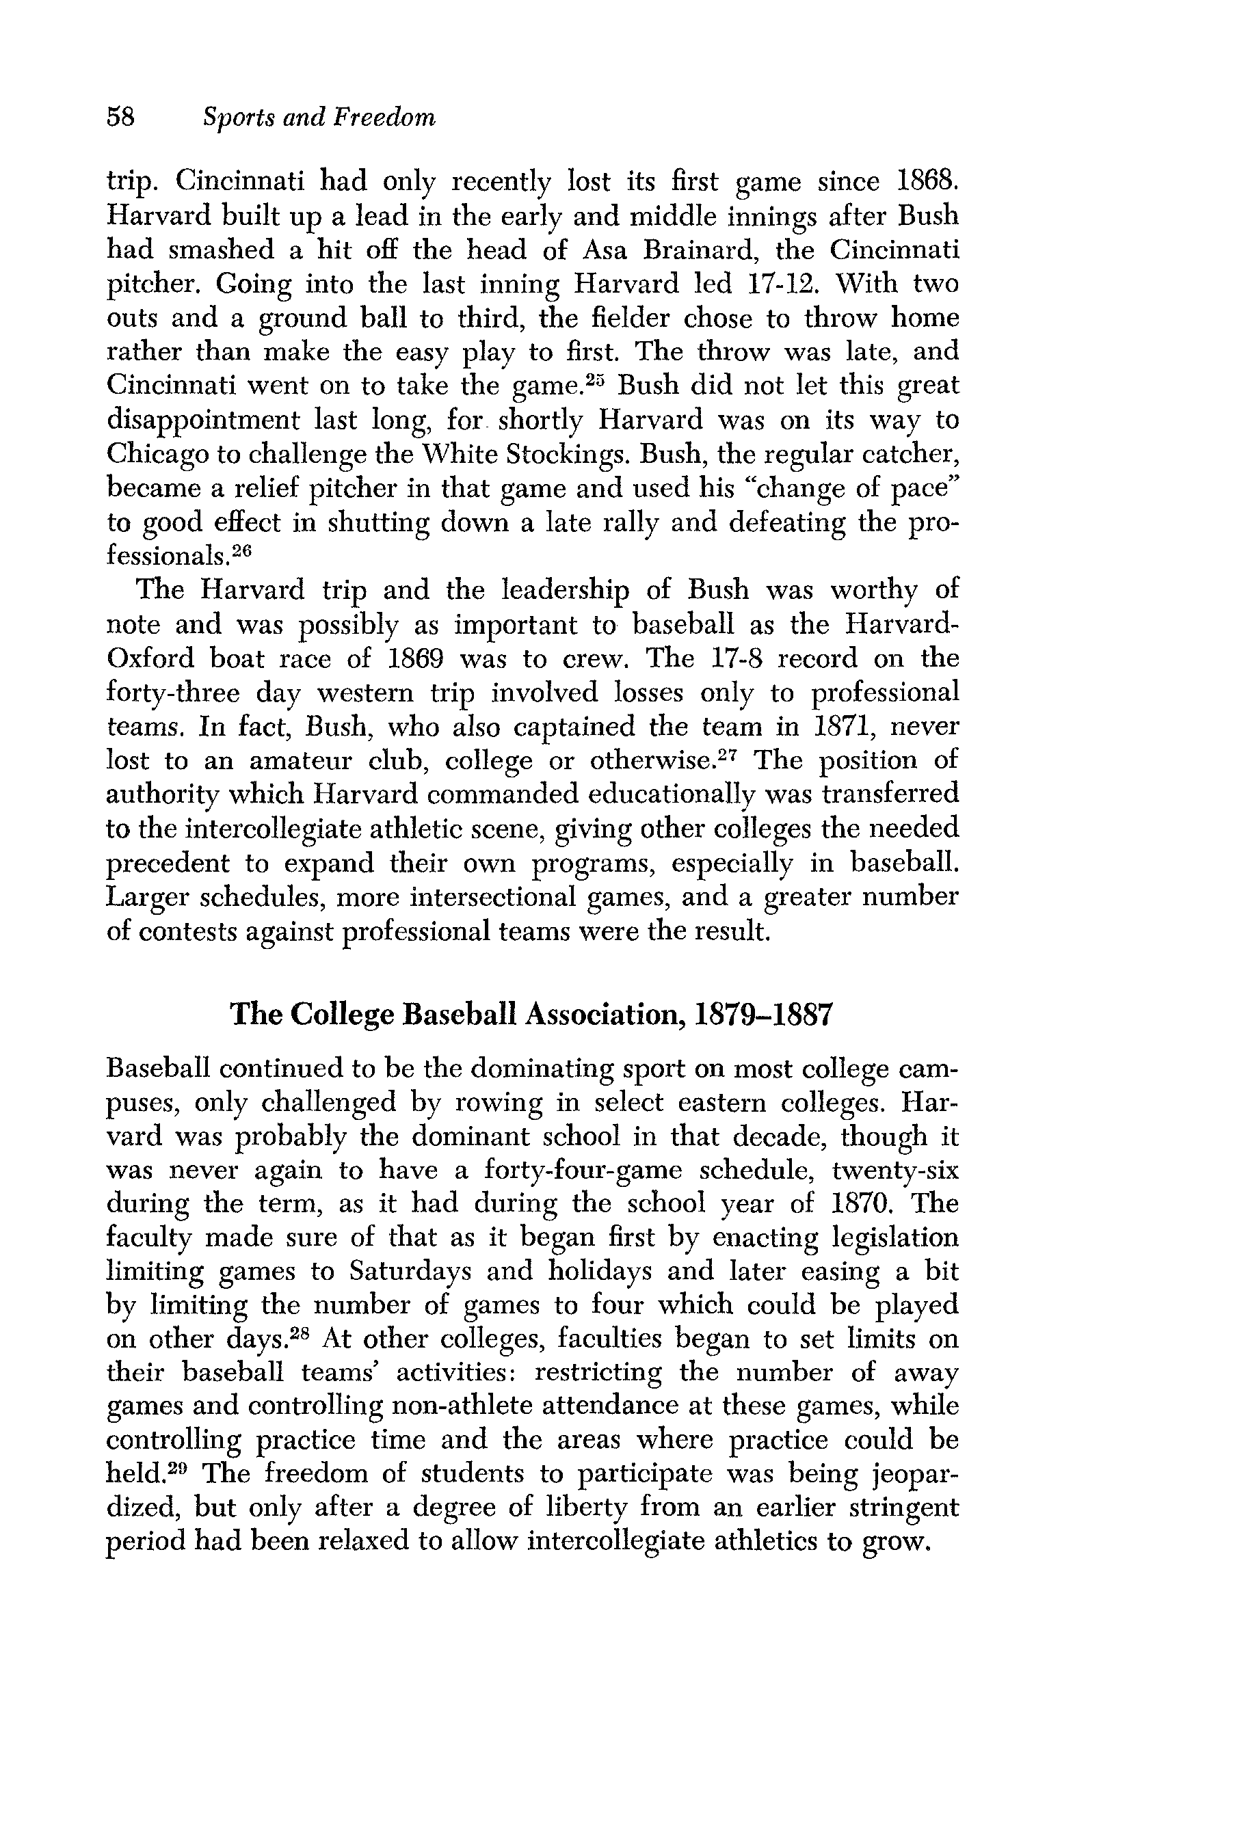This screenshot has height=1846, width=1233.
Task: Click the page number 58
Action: click(121, 118)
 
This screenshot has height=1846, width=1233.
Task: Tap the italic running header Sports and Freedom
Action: click(319, 118)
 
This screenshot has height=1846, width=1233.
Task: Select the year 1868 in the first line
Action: click(928, 183)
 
